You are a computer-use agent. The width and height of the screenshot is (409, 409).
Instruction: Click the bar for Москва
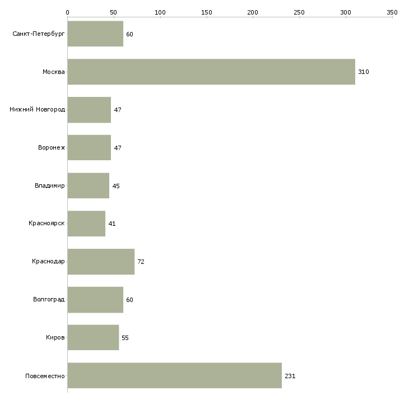(211, 72)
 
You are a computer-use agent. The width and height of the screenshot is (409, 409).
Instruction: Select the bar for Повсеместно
(174, 375)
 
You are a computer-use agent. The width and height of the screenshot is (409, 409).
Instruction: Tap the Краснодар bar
(101, 262)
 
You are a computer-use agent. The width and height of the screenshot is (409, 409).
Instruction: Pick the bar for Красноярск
(86, 224)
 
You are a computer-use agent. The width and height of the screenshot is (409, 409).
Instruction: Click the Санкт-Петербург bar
(95, 34)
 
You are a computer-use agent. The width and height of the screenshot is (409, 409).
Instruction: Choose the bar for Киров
(93, 337)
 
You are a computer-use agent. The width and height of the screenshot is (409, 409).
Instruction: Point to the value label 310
(364, 72)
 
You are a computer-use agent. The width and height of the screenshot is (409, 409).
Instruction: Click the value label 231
(290, 376)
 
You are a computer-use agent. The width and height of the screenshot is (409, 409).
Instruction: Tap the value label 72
(141, 262)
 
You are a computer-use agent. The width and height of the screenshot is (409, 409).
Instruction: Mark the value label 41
(112, 224)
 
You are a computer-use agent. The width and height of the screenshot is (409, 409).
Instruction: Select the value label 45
(116, 186)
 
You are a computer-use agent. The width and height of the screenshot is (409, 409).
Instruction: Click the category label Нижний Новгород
(38, 109)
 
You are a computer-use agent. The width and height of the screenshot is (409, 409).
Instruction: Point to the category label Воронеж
(52, 147)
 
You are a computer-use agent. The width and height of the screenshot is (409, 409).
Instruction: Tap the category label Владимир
(49, 185)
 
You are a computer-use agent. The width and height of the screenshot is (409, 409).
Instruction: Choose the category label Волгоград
(49, 299)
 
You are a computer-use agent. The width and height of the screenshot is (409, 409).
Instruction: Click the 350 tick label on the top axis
(392, 12)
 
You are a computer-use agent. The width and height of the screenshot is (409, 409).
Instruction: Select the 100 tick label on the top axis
(160, 12)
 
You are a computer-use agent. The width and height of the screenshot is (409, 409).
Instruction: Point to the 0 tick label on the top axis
(68, 12)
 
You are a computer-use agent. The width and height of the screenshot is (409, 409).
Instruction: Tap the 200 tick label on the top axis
(253, 12)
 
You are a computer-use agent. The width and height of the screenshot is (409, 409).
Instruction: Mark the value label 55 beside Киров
(125, 338)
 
